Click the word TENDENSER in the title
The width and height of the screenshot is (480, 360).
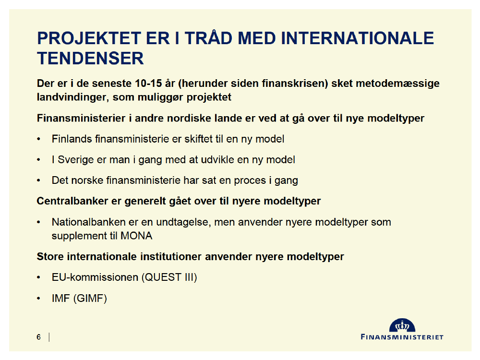click(x=90, y=59)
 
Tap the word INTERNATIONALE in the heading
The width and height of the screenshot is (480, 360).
click(x=357, y=38)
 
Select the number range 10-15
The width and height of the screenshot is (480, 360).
click(x=148, y=83)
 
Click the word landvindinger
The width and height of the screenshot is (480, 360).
click(x=72, y=97)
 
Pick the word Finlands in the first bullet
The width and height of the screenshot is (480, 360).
click(x=72, y=139)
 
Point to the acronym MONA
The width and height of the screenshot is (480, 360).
click(x=136, y=236)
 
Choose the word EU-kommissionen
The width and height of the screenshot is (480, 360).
click(x=95, y=277)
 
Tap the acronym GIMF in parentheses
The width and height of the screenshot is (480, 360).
click(x=90, y=299)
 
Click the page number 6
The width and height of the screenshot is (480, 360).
click(x=38, y=337)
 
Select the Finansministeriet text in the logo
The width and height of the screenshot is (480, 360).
click(x=402, y=337)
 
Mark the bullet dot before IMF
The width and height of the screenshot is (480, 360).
click(x=38, y=299)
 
